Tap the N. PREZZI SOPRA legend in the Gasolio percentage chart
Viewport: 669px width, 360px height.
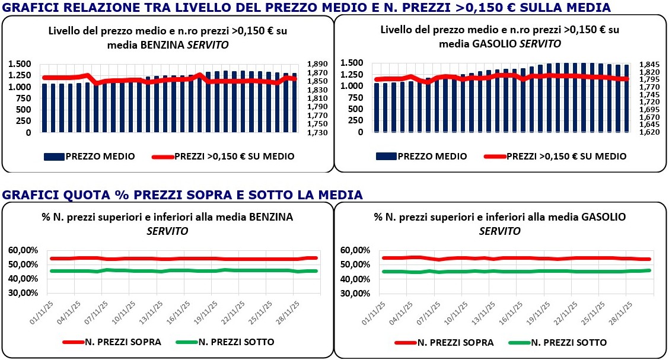point(455,342)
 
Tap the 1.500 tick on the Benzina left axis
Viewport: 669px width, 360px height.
point(20,64)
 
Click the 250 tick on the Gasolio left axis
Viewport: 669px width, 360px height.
point(356,121)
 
